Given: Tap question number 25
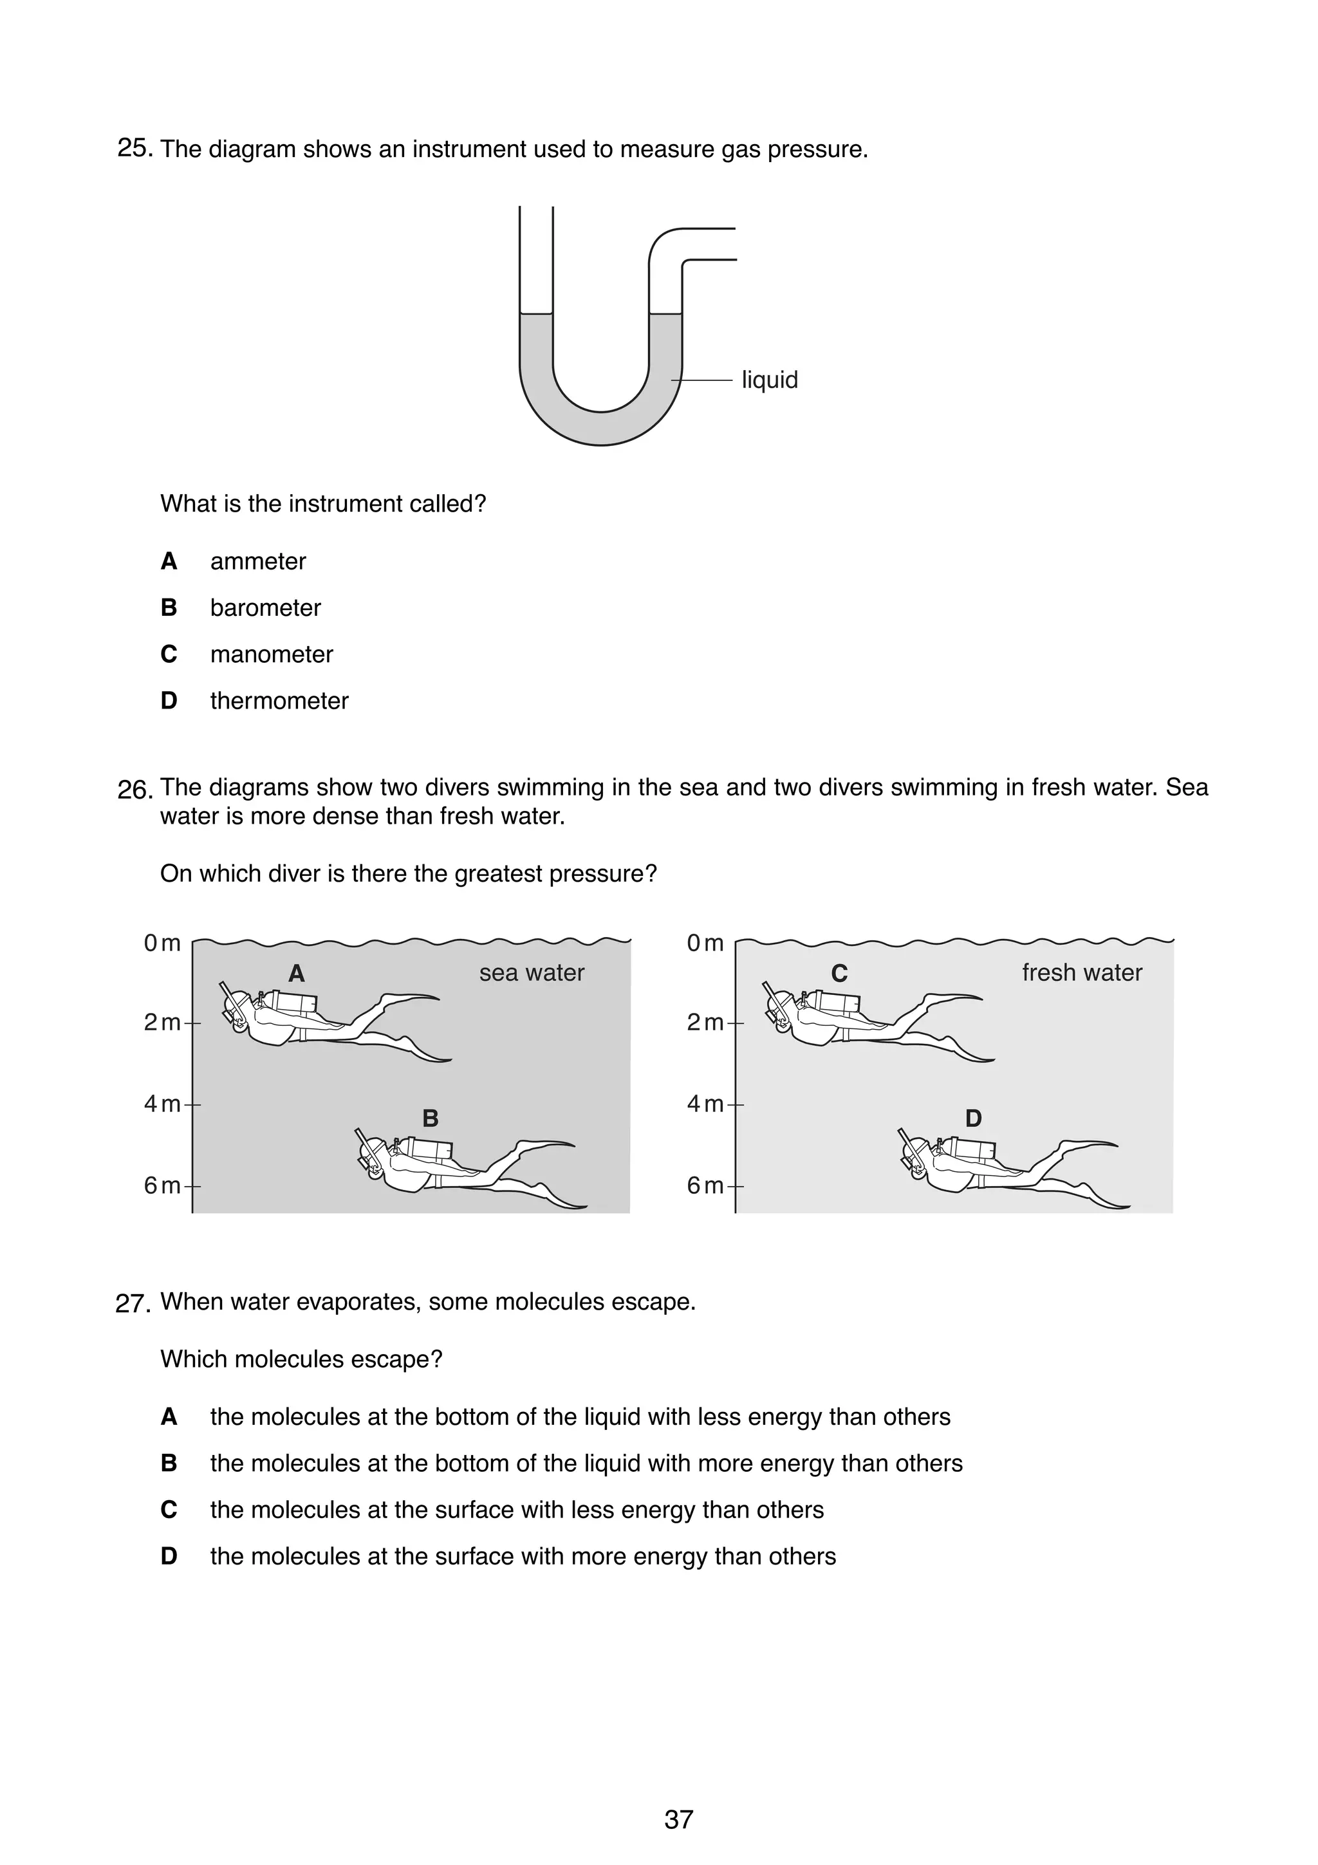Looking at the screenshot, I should (134, 149).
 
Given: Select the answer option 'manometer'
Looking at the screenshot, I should (271, 654).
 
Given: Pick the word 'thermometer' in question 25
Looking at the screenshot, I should (279, 700).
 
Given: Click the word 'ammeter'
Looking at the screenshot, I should (257, 561).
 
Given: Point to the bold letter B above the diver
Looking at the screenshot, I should (431, 1118).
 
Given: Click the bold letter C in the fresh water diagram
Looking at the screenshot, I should (839, 973).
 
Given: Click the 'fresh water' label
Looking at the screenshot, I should (1081, 972).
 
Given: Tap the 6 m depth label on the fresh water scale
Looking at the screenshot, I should (704, 1185).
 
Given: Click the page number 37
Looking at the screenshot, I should (678, 1819).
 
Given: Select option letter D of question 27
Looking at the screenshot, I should (169, 1556).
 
